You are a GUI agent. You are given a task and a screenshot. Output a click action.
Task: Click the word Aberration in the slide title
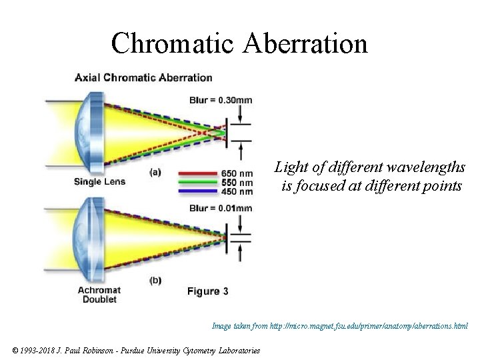point(307,44)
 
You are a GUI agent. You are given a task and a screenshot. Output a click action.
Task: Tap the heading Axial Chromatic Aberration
point(143,77)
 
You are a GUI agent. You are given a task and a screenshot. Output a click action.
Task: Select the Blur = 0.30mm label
point(221,101)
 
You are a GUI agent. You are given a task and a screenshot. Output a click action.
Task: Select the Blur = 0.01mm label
point(221,207)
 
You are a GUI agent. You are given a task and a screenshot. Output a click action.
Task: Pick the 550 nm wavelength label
point(237,183)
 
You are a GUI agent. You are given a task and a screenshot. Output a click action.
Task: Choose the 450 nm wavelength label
point(237,191)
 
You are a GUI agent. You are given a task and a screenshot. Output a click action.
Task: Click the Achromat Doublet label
point(99,295)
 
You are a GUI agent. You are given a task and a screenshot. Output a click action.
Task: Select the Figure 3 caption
point(207,291)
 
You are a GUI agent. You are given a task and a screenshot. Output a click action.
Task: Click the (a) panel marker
point(155,171)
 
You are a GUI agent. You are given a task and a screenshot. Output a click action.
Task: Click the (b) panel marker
point(155,280)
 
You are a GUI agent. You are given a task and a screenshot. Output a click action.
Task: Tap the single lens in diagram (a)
point(89,130)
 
